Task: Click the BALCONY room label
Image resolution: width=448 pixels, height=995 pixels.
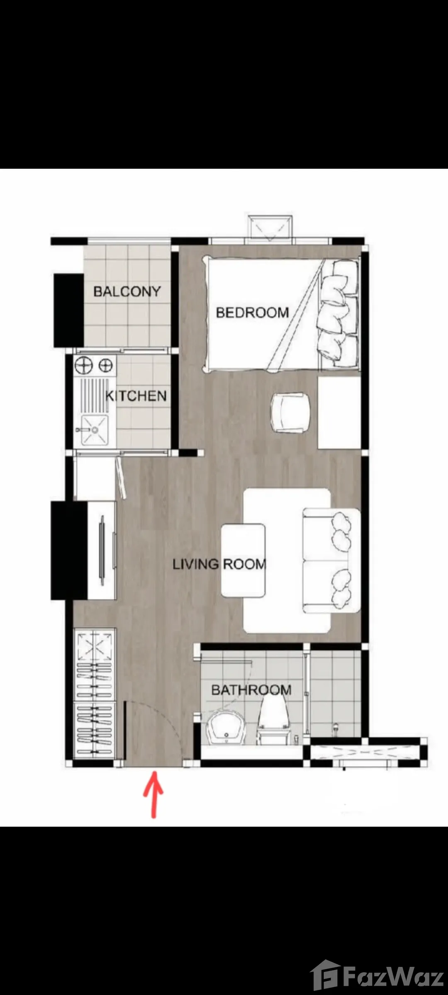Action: pyautogui.click(x=127, y=291)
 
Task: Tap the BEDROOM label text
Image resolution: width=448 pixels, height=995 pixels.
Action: pyautogui.click(x=252, y=312)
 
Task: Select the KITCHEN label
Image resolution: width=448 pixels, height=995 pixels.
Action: pyautogui.click(x=136, y=396)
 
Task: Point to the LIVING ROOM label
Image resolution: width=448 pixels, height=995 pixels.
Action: pyautogui.click(x=219, y=564)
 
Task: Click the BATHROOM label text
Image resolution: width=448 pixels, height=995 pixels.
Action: pyautogui.click(x=251, y=690)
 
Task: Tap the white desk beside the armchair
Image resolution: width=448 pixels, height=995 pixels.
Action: pyautogui.click(x=339, y=413)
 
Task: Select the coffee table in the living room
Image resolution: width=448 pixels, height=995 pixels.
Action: pyautogui.click(x=243, y=561)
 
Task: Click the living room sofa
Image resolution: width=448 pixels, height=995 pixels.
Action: pyautogui.click(x=331, y=561)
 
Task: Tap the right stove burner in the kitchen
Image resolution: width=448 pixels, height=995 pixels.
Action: pyautogui.click(x=106, y=366)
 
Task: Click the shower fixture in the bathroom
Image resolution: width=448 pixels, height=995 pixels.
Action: pyautogui.click(x=336, y=728)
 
